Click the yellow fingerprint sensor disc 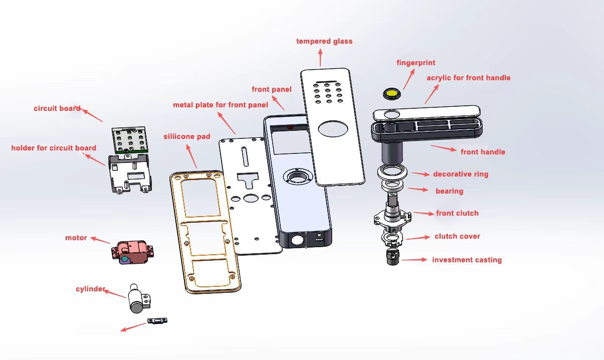391,93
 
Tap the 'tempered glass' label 324,41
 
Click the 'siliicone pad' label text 187,136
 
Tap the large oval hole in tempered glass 331,129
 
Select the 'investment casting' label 467,260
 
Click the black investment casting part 392,258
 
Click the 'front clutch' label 457,213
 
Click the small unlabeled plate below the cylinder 157,321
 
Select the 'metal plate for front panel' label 220,105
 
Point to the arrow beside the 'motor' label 100,240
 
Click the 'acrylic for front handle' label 468,78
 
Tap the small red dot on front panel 289,127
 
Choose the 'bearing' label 449,191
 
